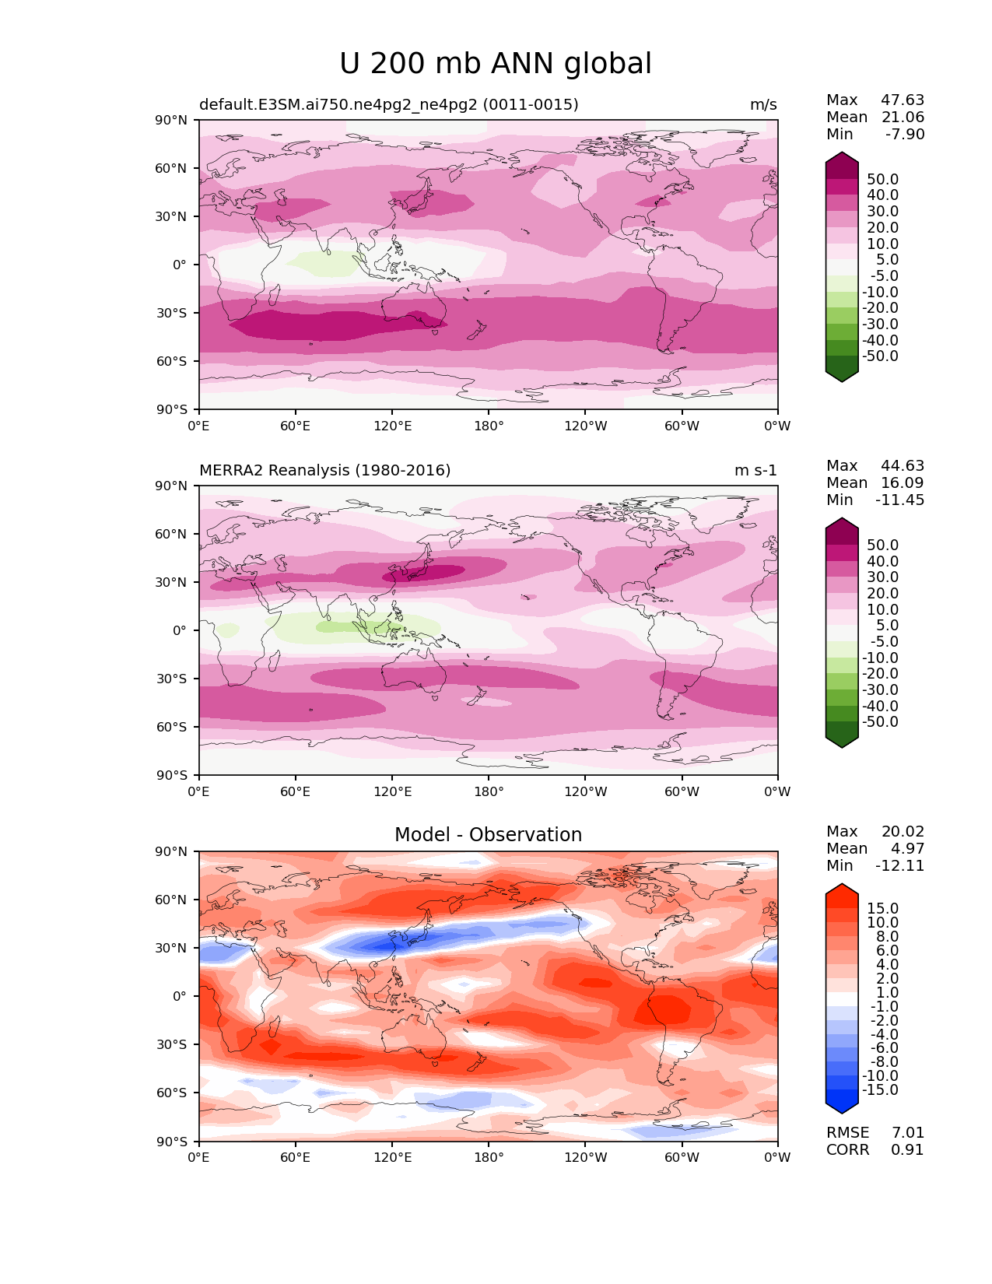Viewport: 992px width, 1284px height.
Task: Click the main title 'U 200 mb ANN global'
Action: click(495, 64)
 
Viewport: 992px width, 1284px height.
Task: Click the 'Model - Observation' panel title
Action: click(488, 834)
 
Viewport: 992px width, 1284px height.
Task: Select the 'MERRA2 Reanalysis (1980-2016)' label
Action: click(325, 470)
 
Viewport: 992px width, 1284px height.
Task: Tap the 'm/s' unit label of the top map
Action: click(763, 104)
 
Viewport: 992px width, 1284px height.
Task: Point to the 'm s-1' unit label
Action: click(755, 470)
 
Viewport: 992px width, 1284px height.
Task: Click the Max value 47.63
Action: click(903, 100)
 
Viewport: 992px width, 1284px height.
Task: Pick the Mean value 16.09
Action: click(903, 482)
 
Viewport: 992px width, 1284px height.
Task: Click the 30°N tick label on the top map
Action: click(170, 217)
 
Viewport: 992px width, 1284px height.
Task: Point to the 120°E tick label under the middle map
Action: click(392, 791)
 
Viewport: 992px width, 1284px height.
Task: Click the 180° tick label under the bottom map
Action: click(489, 1157)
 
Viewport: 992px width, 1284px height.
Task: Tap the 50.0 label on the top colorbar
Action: click(883, 179)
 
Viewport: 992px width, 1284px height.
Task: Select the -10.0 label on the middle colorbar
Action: click(880, 658)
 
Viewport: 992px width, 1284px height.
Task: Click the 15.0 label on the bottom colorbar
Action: click(883, 908)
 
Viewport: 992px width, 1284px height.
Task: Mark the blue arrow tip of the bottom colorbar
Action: click(841, 1113)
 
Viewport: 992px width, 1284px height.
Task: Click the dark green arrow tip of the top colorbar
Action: click(841, 381)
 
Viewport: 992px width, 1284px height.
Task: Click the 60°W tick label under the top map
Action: click(682, 426)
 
